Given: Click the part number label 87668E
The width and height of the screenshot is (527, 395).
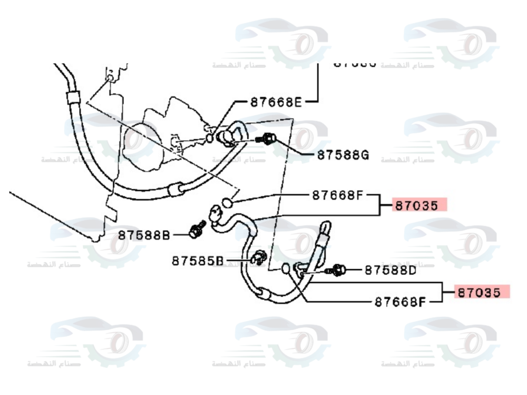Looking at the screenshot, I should point(276,102).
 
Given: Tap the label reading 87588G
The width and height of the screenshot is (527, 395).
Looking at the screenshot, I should point(343,155).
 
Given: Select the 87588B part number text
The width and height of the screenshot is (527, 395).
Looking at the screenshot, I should point(144,234).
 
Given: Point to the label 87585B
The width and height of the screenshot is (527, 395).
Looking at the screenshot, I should point(198,260).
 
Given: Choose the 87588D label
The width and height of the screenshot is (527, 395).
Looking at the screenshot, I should point(391,270).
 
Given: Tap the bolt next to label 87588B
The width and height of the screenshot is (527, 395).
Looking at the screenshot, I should point(196,229).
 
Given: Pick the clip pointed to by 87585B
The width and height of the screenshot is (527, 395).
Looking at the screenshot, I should point(258,258).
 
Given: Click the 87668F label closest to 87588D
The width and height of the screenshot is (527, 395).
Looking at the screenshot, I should point(401,302).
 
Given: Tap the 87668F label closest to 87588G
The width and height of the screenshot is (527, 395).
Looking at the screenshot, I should point(337,195).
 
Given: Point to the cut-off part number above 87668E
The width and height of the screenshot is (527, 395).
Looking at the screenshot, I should point(355,63).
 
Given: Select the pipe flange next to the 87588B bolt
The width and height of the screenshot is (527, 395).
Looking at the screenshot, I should point(215,215).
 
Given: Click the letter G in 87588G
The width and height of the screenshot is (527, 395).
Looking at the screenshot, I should point(364,155).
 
